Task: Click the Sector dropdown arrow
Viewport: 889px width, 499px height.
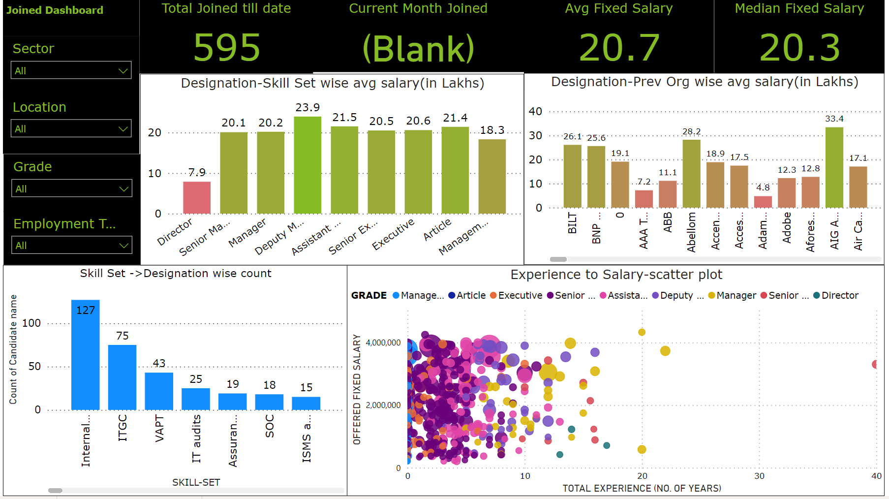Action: point(123,71)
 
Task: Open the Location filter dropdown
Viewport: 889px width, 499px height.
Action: point(71,129)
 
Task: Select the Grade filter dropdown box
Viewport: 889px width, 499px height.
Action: point(71,188)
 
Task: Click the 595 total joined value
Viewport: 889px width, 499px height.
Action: point(227,48)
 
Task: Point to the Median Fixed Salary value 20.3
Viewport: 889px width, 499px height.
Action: point(799,48)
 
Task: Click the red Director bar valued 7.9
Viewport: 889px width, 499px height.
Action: point(197,197)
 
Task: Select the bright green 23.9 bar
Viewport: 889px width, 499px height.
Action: point(307,165)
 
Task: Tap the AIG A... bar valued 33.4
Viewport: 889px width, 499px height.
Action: point(834,167)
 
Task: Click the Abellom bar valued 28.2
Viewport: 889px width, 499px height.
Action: point(691,173)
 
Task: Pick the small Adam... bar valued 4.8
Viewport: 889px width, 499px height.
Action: point(763,202)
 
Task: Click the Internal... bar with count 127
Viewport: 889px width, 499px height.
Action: point(86,354)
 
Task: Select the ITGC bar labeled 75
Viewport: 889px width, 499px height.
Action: point(122,377)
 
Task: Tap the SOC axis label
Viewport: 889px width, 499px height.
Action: point(270,426)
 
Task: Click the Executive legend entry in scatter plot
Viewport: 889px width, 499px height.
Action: point(516,295)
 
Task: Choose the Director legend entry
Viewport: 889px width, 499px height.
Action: point(836,295)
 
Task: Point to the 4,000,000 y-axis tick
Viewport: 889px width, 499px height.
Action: point(383,343)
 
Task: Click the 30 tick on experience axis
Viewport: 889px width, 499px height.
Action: point(759,476)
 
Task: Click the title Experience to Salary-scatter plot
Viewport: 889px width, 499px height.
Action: point(616,275)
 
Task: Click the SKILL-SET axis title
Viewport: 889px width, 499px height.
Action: point(196,482)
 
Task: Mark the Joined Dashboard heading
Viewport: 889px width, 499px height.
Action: point(55,10)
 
